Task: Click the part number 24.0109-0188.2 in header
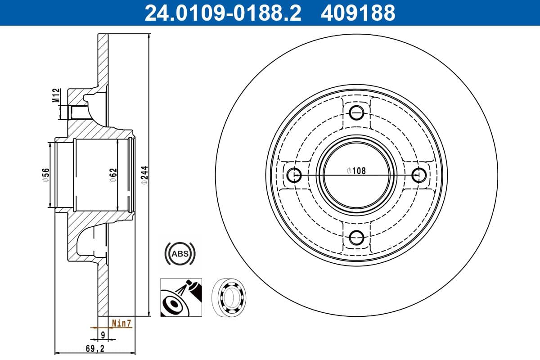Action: (222, 13)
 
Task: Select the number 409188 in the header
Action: (358, 13)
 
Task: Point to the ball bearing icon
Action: (233, 297)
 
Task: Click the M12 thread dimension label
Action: (56, 96)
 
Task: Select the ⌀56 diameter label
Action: (45, 175)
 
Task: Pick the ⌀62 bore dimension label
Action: (113, 175)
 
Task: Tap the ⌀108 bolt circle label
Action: (356, 171)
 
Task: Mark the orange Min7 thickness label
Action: (121, 323)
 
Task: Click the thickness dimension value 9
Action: (103, 334)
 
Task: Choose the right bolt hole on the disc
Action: (418, 174)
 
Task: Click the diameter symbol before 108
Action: (349, 171)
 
